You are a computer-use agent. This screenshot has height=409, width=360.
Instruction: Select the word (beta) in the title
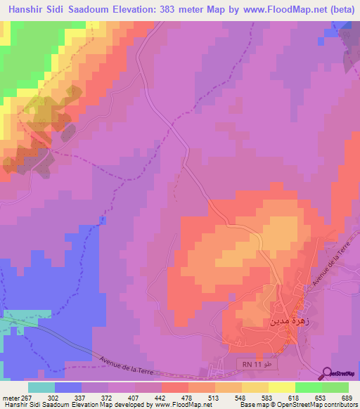[338, 10]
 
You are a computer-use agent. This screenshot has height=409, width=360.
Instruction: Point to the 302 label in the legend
[53, 398]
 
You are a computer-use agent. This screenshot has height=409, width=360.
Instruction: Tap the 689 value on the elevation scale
[347, 398]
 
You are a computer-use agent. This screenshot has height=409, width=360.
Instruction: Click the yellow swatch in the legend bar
[281, 387]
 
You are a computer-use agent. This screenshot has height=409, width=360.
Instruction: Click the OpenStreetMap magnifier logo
[326, 374]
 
